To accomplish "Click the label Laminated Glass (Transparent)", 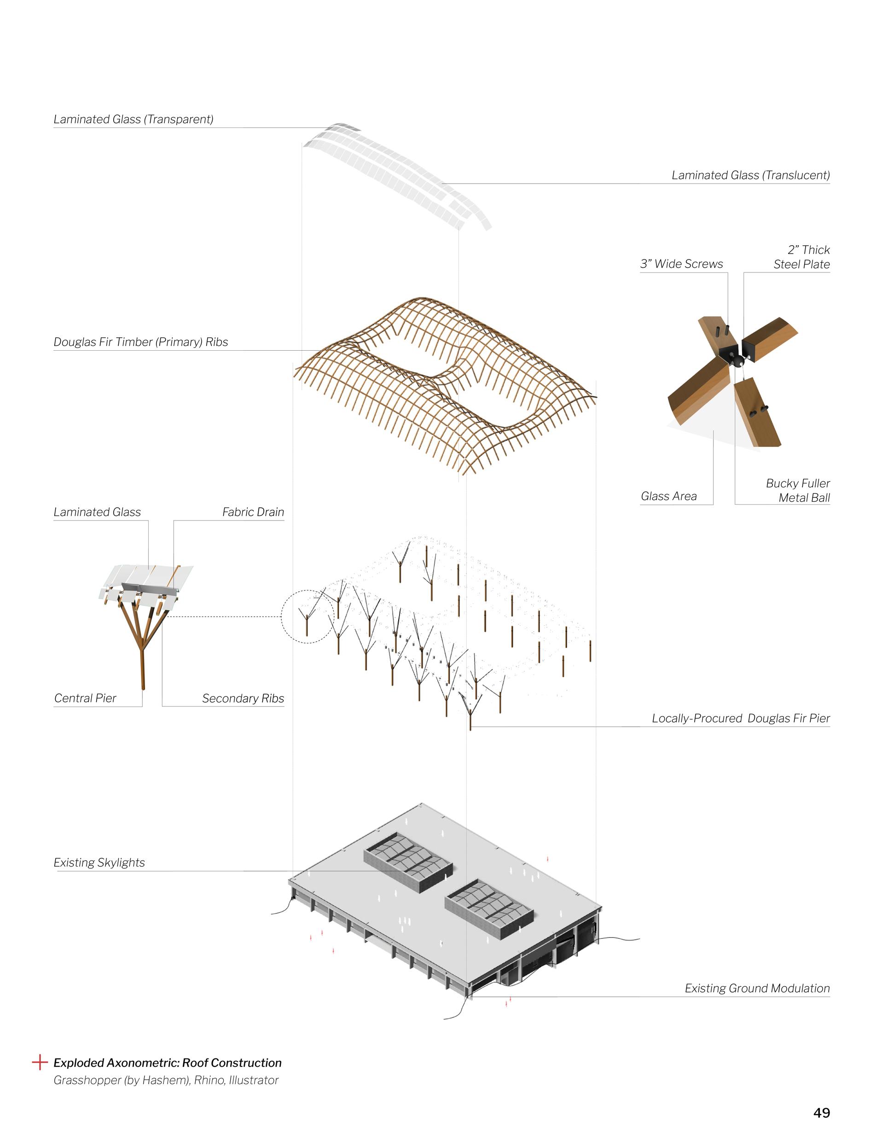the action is (133, 119).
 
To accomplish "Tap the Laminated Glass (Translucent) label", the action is (750, 175).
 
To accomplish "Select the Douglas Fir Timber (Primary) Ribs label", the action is (141, 342).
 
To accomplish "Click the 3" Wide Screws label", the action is (682, 264).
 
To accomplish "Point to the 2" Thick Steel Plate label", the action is (802, 257).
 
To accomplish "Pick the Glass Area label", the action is (669, 496).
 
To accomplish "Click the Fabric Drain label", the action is (253, 512).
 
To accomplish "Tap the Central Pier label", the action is (85, 698).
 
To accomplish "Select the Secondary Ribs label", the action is (243, 698).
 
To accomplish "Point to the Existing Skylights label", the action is (99, 862).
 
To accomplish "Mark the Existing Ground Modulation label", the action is (757, 988).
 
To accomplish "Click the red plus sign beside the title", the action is (40, 1062).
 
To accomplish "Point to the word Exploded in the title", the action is (78, 1063).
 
